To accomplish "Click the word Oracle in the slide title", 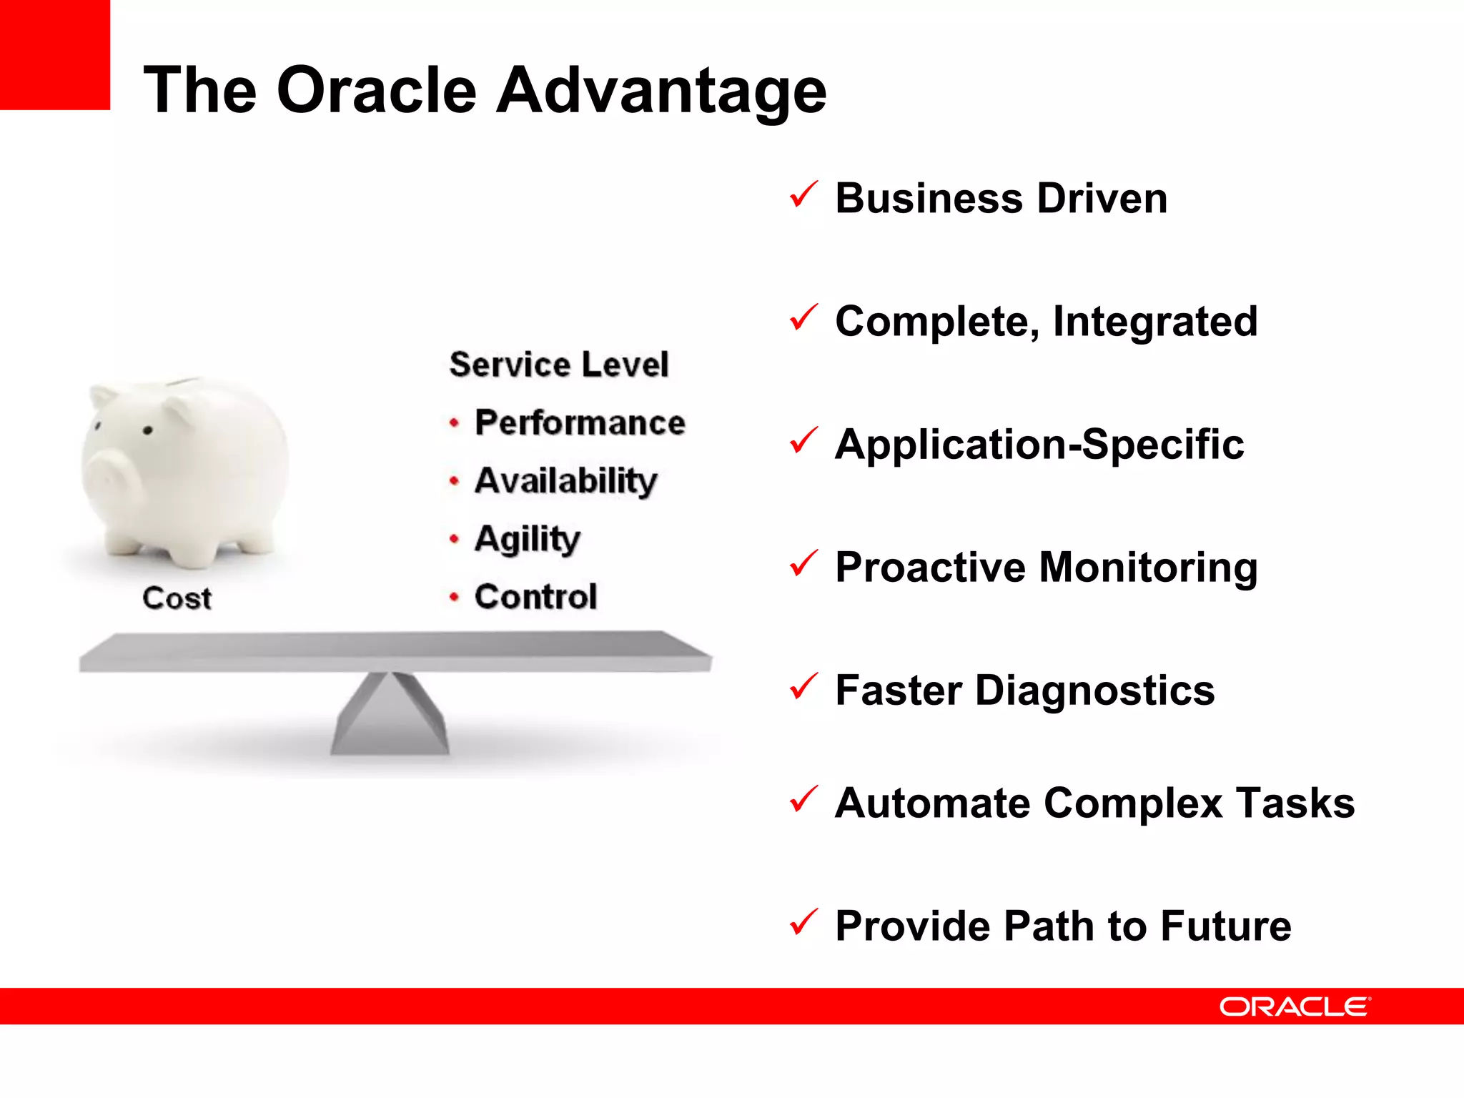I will [x=377, y=91].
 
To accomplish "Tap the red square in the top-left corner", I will [x=54, y=54].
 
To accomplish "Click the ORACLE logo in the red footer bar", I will [x=1295, y=1006].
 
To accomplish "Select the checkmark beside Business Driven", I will [x=803, y=195].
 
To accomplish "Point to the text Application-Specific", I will [x=1039, y=444].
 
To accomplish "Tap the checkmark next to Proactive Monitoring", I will [x=803, y=564].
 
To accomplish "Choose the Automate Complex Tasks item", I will [x=1094, y=803].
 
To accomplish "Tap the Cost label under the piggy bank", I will [x=177, y=598].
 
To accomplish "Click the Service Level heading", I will [x=559, y=365].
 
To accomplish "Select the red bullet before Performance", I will [x=454, y=423].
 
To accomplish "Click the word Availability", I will [x=565, y=480].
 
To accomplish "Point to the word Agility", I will [x=528, y=539].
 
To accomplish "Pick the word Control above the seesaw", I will [x=535, y=596].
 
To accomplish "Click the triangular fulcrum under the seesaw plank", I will [x=390, y=718].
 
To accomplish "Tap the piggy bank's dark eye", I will [x=148, y=430].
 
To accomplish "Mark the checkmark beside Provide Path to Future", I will [x=803, y=923].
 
